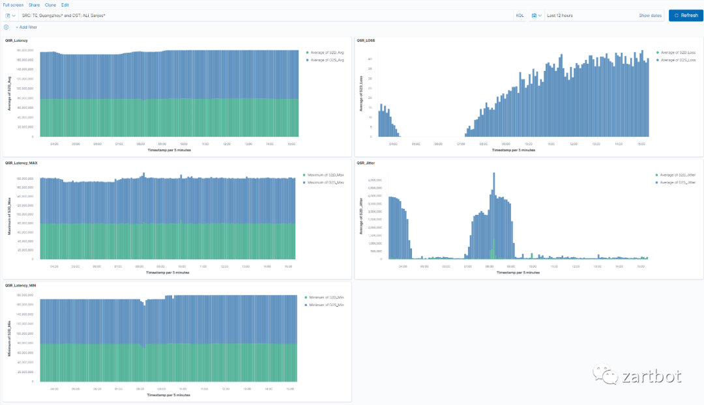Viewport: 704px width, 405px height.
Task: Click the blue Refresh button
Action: pyautogui.click(x=686, y=15)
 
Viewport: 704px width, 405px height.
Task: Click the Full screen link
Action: pyautogui.click(x=13, y=5)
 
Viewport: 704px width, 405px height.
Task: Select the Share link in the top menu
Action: pyautogui.click(x=34, y=5)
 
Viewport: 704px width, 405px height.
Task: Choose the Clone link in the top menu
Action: pyautogui.click(x=50, y=5)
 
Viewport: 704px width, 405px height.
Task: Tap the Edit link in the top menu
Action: pyautogui.click(x=65, y=5)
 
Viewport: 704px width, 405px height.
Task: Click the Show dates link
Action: pyautogui.click(x=650, y=15)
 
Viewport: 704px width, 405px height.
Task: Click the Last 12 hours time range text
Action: pyautogui.click(x=560, y=15)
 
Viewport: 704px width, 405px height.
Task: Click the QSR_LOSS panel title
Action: pyautogui.click(x=366, y=40)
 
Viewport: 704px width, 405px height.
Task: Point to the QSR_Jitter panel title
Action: pyautogui.click(x=366, y=163)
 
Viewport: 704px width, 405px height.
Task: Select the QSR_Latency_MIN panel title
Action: pyautogui.click(x=20, y=285)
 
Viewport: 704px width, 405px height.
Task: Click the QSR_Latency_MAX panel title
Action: pyautogui.click(x=20, y=163)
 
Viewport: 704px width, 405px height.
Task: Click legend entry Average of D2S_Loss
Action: pyautogui.click(x=678, y=60)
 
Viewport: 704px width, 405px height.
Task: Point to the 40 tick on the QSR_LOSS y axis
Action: pyautogui.click(x=370, y=59)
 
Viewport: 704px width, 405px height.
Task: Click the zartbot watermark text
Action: pyautogui.click(x=652, y=376)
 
